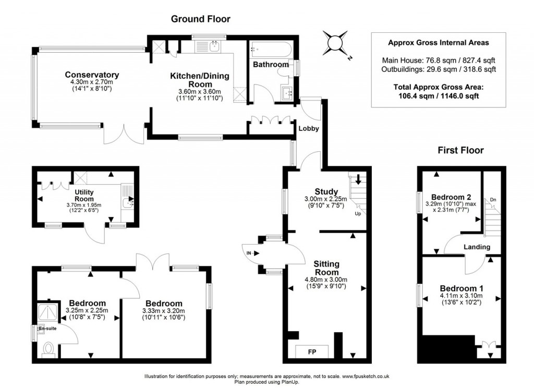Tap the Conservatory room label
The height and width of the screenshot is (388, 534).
[92, 75]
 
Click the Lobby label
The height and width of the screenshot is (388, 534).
[309, 128]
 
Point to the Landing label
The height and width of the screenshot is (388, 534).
[477, 247]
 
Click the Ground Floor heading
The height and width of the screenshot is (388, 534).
[201, 19]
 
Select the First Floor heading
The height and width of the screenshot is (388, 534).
[460, 151]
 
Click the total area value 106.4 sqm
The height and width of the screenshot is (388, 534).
[411, 96]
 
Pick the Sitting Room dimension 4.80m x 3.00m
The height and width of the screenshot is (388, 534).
[326, 280]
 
